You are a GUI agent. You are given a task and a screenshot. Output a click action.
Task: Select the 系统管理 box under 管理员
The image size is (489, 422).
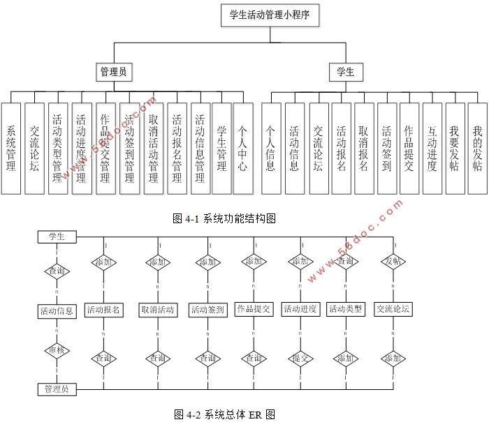pos(11,148)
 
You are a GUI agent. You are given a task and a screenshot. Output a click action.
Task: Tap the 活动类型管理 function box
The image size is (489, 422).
pos(58,148)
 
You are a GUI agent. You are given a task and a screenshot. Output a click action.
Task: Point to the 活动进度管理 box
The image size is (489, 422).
pos(82,148)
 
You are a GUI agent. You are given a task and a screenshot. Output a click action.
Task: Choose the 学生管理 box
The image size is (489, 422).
pos(221,148)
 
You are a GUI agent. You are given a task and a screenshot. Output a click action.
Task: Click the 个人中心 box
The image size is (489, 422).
pos(242,148)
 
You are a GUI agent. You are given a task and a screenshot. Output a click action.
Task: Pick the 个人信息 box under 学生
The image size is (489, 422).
pos(271,148)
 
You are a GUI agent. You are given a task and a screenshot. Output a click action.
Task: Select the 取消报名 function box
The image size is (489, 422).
pos(364,148)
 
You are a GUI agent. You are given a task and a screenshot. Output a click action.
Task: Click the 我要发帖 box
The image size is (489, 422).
pos(455,148)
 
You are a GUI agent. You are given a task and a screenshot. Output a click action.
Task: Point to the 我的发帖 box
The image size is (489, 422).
pos(477,148)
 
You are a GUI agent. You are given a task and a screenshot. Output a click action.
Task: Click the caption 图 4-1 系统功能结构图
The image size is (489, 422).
pos(224,218)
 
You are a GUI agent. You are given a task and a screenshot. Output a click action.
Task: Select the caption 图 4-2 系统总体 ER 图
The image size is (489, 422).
pos(224,414)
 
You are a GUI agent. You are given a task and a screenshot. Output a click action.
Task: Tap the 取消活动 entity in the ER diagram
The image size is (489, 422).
pos(157,310)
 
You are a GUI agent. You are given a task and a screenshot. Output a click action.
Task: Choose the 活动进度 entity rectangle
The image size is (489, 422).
pos(301,309)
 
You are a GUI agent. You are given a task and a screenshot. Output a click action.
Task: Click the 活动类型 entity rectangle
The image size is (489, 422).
pos(346,309)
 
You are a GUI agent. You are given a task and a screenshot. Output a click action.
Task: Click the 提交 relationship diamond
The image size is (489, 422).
pos(301,358)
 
